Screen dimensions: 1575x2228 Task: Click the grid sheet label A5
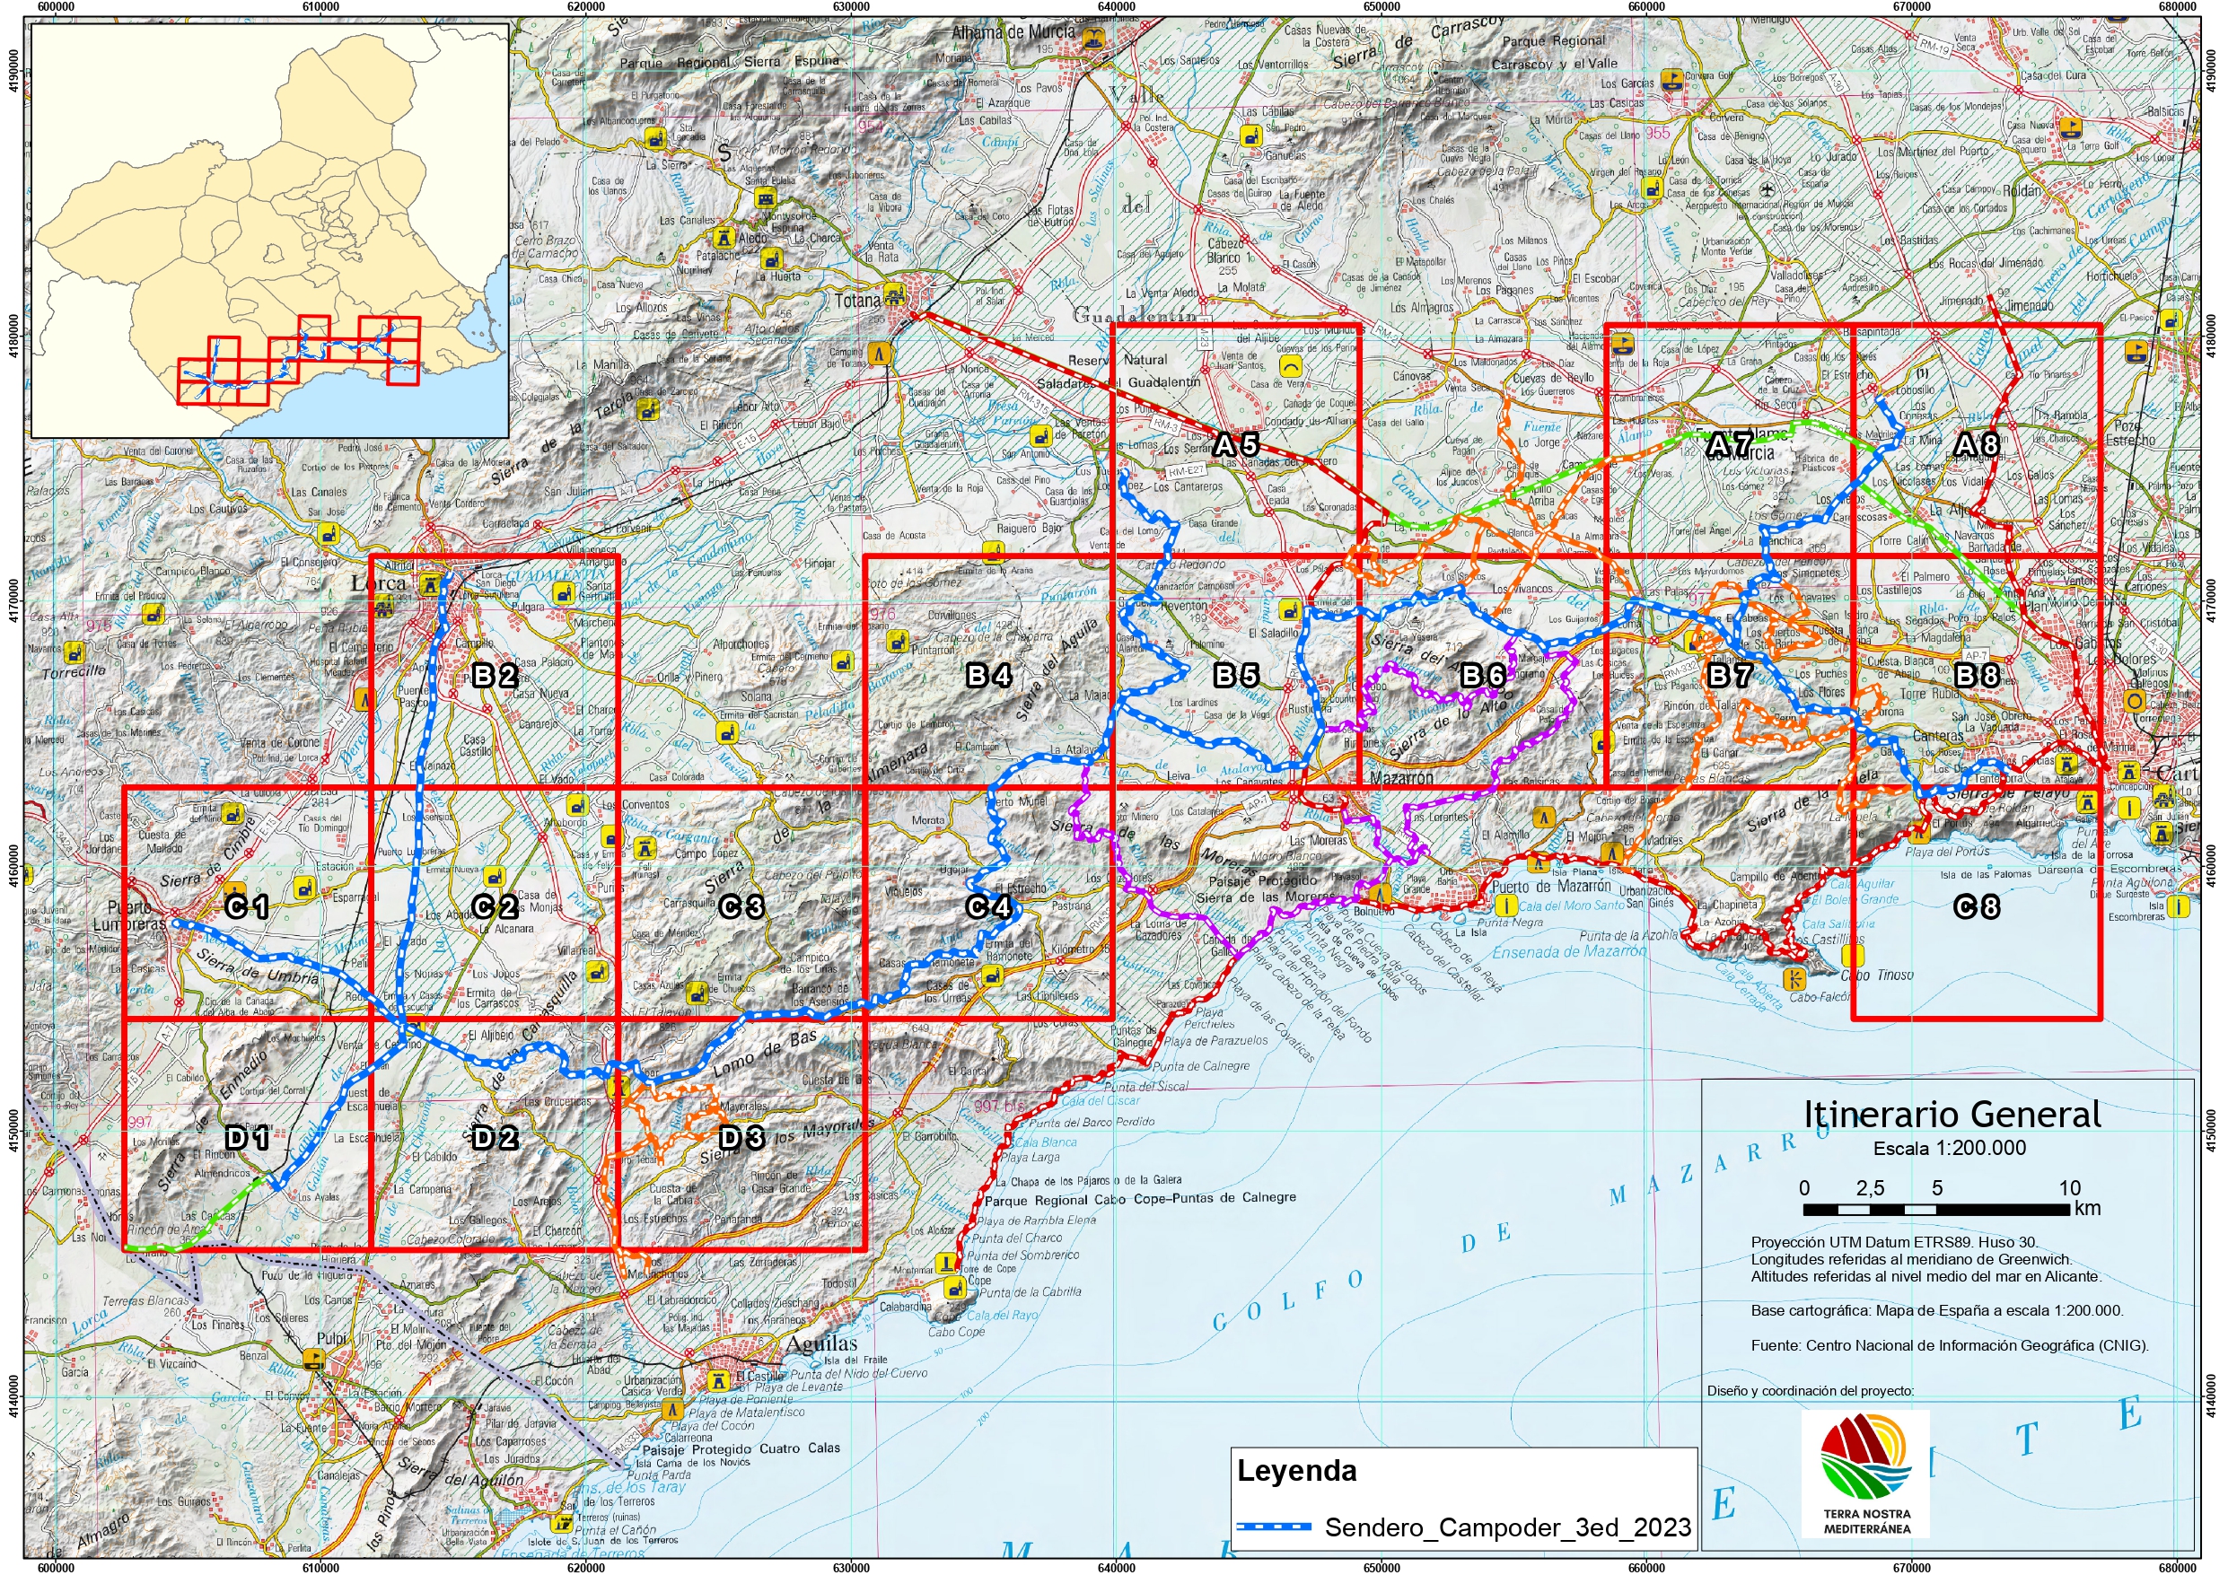click(x=1236, y=445)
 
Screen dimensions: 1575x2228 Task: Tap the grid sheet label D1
click(x=248, y=1137)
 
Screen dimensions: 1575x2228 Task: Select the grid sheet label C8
click(x=1977, y=907)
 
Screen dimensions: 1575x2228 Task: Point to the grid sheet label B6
click(x=1483, y=676)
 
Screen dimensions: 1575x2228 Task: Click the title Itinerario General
click(x=1952, y=1114)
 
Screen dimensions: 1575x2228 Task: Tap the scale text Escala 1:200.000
click(x=1950, y=1148)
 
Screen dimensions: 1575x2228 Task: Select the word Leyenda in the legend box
click(x=1296, y=1470)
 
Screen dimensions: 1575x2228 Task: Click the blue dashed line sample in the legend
click(x=1274, y=1527)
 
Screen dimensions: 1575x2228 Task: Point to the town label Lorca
click(x=379, y=583)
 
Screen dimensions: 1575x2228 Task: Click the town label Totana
click(x=858, y=301)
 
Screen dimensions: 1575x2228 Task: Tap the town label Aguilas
click(x=821, y=1344)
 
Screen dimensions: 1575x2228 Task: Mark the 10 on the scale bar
click(x=2069, y=1188)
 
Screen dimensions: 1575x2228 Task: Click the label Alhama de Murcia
click(x=1013, y=32)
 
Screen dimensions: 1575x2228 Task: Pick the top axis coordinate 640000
click(x=1116, y=7)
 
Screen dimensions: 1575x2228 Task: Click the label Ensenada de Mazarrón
click(x=1568, y=953)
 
